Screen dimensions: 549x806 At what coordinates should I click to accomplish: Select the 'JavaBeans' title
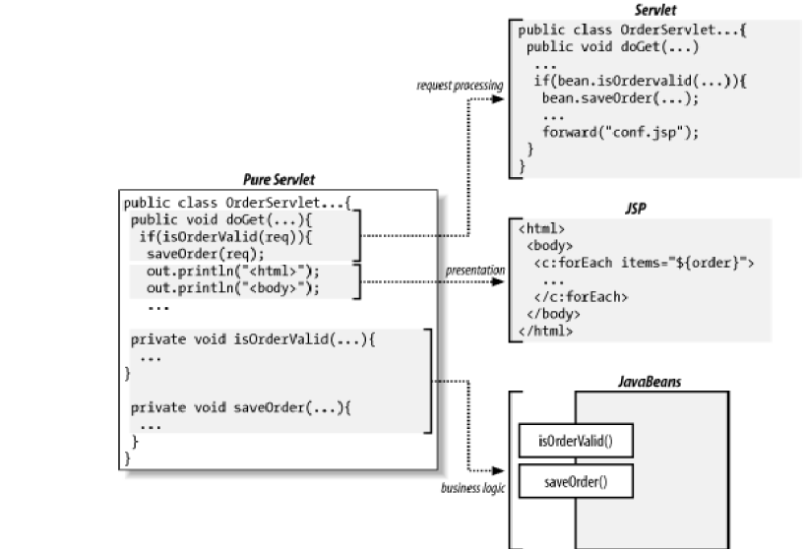click(x=641, y=379)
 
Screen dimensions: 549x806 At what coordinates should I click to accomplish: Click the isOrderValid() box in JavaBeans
click(x=575, y=439)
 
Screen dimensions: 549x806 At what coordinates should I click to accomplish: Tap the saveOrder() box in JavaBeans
click(x=575, y=481)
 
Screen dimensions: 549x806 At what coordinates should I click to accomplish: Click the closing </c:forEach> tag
click(x=581, y=296)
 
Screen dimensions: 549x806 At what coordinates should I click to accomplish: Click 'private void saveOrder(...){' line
click(x=241, y=406)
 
